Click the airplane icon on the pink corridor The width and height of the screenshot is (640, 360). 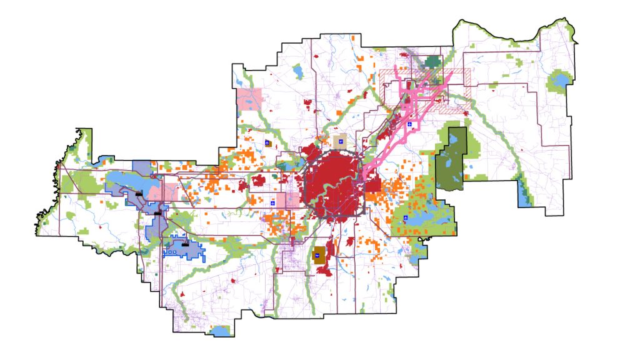(409, 125)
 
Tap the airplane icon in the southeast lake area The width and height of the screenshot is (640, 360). (406, 218)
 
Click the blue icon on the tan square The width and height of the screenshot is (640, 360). (341, 142)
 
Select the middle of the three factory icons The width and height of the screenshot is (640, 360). (157, 213)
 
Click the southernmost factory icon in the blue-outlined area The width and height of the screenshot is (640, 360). (186, 243)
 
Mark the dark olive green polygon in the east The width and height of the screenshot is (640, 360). (453, 159)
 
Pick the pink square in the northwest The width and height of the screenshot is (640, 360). (249, 99)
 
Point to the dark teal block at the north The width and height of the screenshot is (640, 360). (432, 61)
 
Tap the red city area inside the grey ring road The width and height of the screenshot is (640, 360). (331, 184)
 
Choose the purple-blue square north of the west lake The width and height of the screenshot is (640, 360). (142, 167)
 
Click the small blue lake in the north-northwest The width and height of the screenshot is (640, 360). (297, 70)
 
